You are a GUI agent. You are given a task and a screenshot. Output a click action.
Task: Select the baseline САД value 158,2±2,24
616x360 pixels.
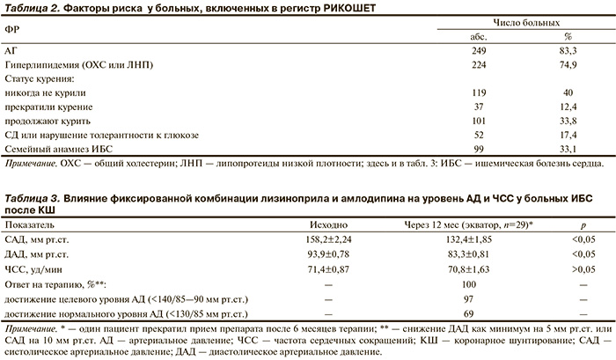(x=327, y=239)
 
